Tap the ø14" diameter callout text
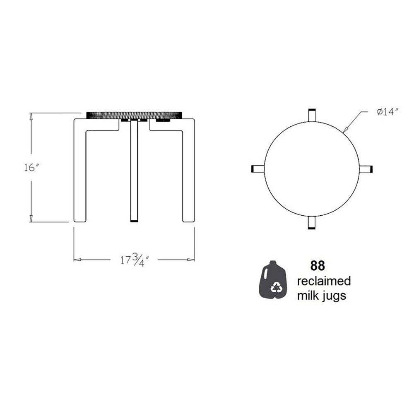click(x=388, y=112)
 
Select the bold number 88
click(x=318, y=266)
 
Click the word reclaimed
click(x=324, y=281)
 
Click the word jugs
click(x=334, y=296)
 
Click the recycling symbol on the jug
click(x=277, y=287)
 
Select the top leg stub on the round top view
click(x=312, y=115)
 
